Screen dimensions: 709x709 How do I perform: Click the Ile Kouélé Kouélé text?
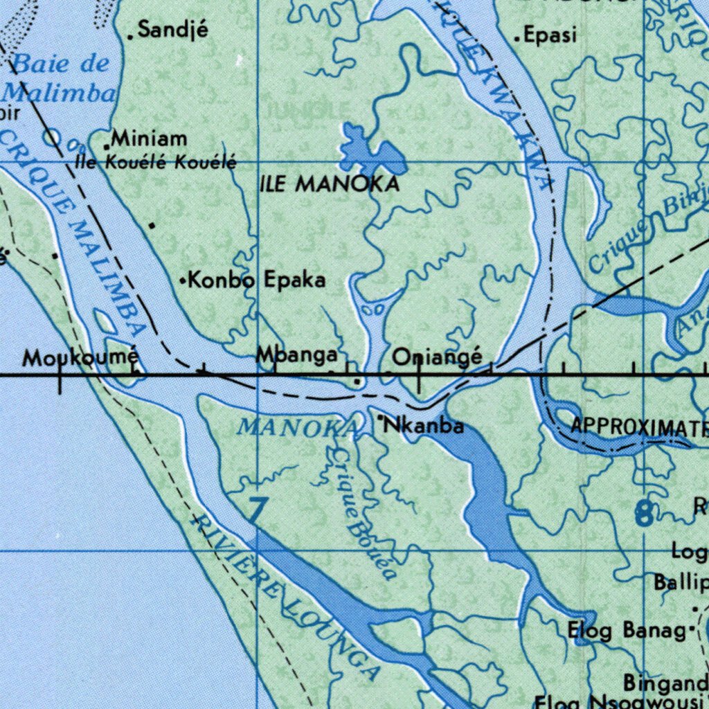(156, 163)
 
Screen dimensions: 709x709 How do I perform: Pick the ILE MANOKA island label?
(330, 184)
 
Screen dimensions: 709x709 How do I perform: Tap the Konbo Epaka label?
(257, 280)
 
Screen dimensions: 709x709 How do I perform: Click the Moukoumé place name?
(80, 358)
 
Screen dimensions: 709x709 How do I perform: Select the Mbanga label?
(297, 355)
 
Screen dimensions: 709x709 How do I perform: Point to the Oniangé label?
(438, 357)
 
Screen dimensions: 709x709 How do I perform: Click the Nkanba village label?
(424, 425)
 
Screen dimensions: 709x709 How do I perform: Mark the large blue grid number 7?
(255, 510)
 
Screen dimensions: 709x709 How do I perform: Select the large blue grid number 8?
(644, 513)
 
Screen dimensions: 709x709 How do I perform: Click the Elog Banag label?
(627, 631)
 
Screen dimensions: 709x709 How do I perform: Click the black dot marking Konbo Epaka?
(183, 281)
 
